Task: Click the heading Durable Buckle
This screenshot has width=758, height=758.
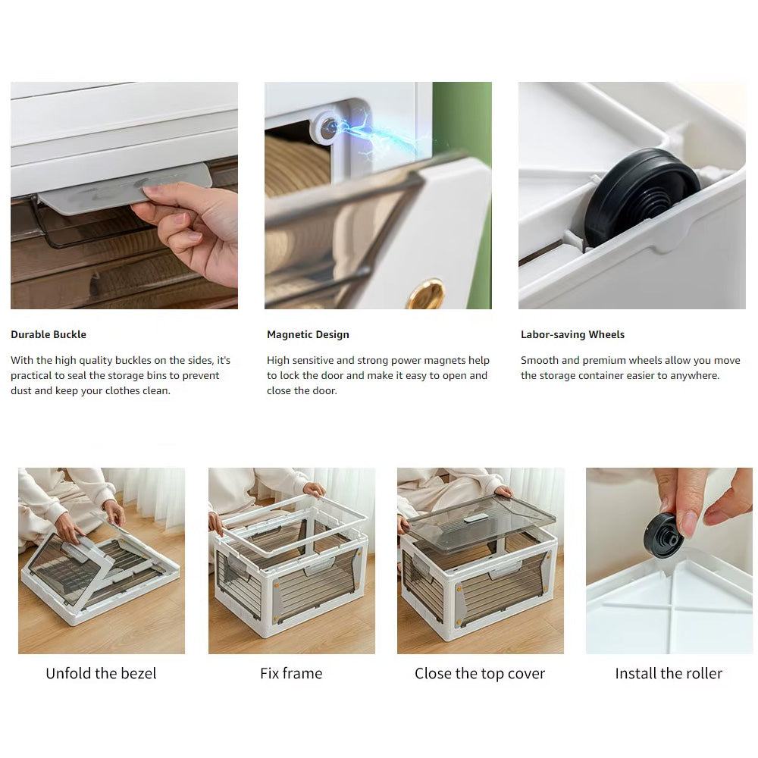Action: pos(49,334)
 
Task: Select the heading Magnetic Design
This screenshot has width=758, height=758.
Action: pos(308,334)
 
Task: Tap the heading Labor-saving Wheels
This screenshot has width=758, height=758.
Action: pos(572,334)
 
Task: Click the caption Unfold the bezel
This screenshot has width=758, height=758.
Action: pos(101,673)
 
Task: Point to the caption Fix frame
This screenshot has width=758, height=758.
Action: pos(291,673)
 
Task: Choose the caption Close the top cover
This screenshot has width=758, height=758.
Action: pos(480,673)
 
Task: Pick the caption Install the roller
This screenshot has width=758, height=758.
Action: pos(669,673)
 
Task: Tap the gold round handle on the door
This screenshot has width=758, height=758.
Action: pos(425,294)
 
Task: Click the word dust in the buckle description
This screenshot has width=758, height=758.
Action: pos(20,390)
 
